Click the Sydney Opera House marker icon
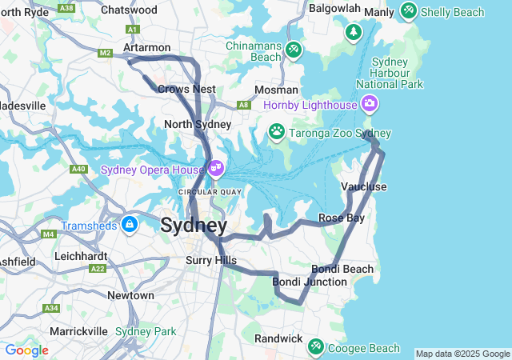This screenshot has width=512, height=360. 215,168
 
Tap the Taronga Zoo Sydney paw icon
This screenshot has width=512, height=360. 277,131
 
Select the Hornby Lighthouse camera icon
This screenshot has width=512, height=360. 369,103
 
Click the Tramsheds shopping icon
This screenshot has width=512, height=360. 129,224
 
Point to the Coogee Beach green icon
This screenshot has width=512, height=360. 316,346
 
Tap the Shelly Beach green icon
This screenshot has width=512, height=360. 409,11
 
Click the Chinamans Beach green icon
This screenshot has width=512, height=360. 294,50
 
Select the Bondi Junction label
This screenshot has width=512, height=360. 310,282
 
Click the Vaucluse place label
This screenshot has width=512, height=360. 364,186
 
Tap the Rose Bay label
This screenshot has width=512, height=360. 342,218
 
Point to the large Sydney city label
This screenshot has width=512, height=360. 194,225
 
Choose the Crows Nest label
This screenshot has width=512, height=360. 186,89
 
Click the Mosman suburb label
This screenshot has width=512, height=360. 276,90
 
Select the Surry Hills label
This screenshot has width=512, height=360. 211,260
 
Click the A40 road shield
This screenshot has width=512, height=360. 78,169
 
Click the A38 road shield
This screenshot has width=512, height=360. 66,8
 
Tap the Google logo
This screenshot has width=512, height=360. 26,350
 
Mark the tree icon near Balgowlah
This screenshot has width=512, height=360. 353,32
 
